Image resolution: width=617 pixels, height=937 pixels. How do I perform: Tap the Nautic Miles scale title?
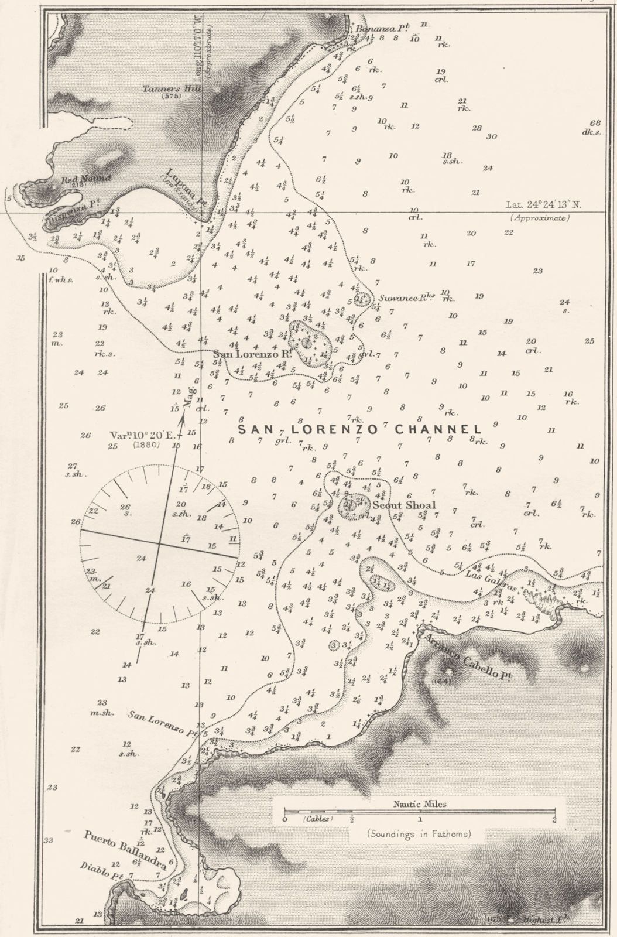point(420,804)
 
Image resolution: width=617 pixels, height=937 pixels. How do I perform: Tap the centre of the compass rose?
point(159,543)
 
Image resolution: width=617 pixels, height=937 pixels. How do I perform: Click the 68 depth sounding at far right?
point(596,122)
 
